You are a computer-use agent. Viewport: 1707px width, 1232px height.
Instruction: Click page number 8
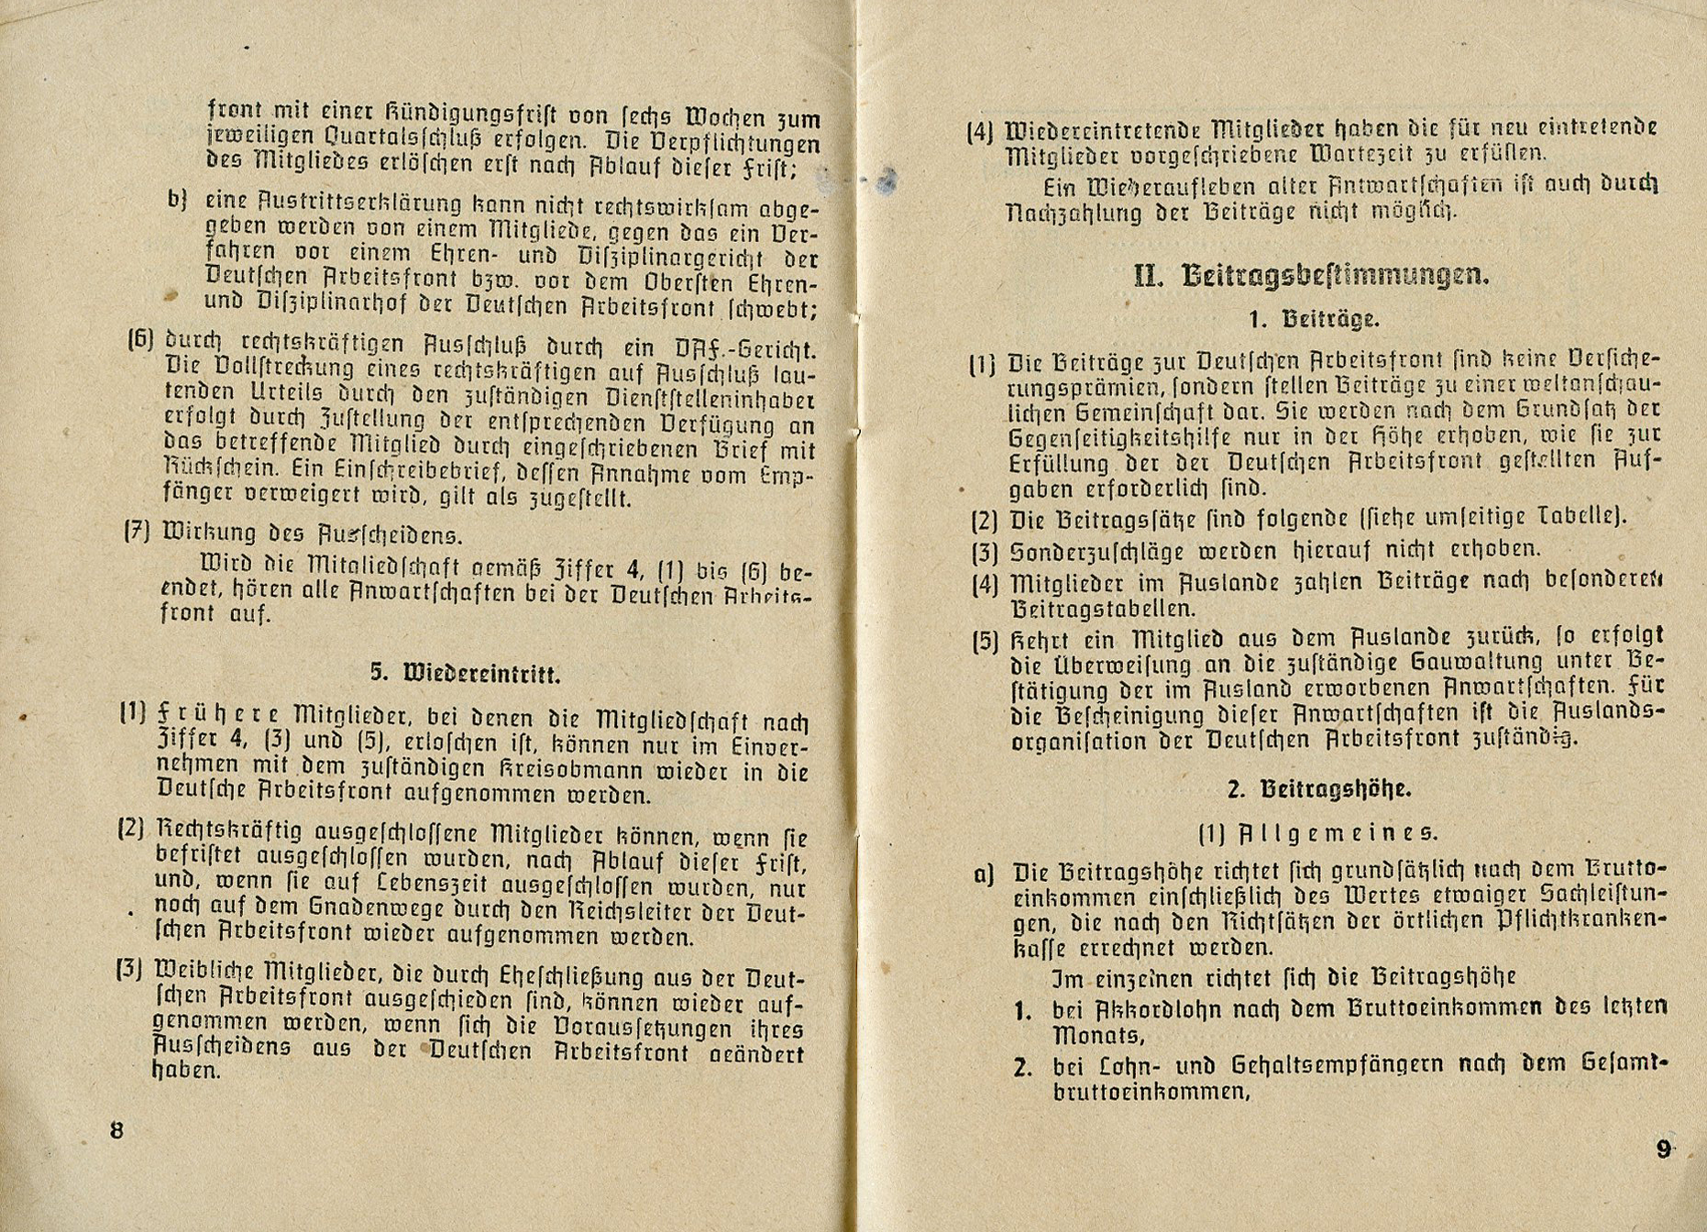[x=116, y=1129]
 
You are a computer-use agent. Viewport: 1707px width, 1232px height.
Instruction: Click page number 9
[x=1664, y=1149]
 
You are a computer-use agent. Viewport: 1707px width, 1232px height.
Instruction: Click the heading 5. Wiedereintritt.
[x=465, y=674]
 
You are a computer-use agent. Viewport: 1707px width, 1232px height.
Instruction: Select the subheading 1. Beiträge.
[x=1313, y=320]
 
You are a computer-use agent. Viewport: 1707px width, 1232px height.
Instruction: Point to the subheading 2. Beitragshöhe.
[x=1318, y=789]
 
